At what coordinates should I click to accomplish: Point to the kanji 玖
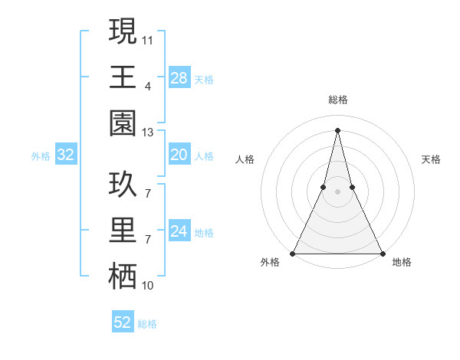(123, 185)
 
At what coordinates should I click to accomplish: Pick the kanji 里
(123, 231)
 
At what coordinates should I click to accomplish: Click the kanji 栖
(123, 277)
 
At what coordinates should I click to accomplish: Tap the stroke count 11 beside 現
(148, 38)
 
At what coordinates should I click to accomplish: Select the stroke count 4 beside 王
(147, 87)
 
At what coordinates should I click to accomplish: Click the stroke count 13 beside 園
(148, 133)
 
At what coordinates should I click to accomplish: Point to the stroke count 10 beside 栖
(148, 286)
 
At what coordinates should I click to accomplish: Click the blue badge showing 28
(179, 77)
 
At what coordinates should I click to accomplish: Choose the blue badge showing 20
(179, 155)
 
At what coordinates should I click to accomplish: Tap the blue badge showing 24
(179, 231)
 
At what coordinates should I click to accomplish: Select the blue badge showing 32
(66, 155)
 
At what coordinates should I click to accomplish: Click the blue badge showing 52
(123, 322)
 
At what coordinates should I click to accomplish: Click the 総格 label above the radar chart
(337, 100)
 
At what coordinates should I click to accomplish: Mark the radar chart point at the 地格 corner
(382, 253)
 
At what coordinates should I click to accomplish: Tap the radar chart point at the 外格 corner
(293, 253)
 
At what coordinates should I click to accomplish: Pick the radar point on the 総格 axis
(337, 129)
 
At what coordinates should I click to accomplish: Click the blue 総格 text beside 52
(147, 324)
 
